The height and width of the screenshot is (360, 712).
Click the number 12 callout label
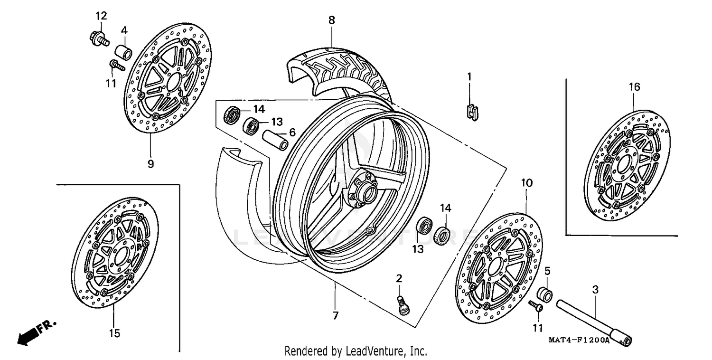point(101,16)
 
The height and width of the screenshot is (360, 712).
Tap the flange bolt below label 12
point(98,38)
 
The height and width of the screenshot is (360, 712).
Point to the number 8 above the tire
point(331,20)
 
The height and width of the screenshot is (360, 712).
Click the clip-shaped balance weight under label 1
point(471,113)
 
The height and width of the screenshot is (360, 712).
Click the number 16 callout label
point(635,87)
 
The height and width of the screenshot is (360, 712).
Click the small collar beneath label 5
point(545,294)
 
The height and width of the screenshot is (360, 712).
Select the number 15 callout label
point(114,333)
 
